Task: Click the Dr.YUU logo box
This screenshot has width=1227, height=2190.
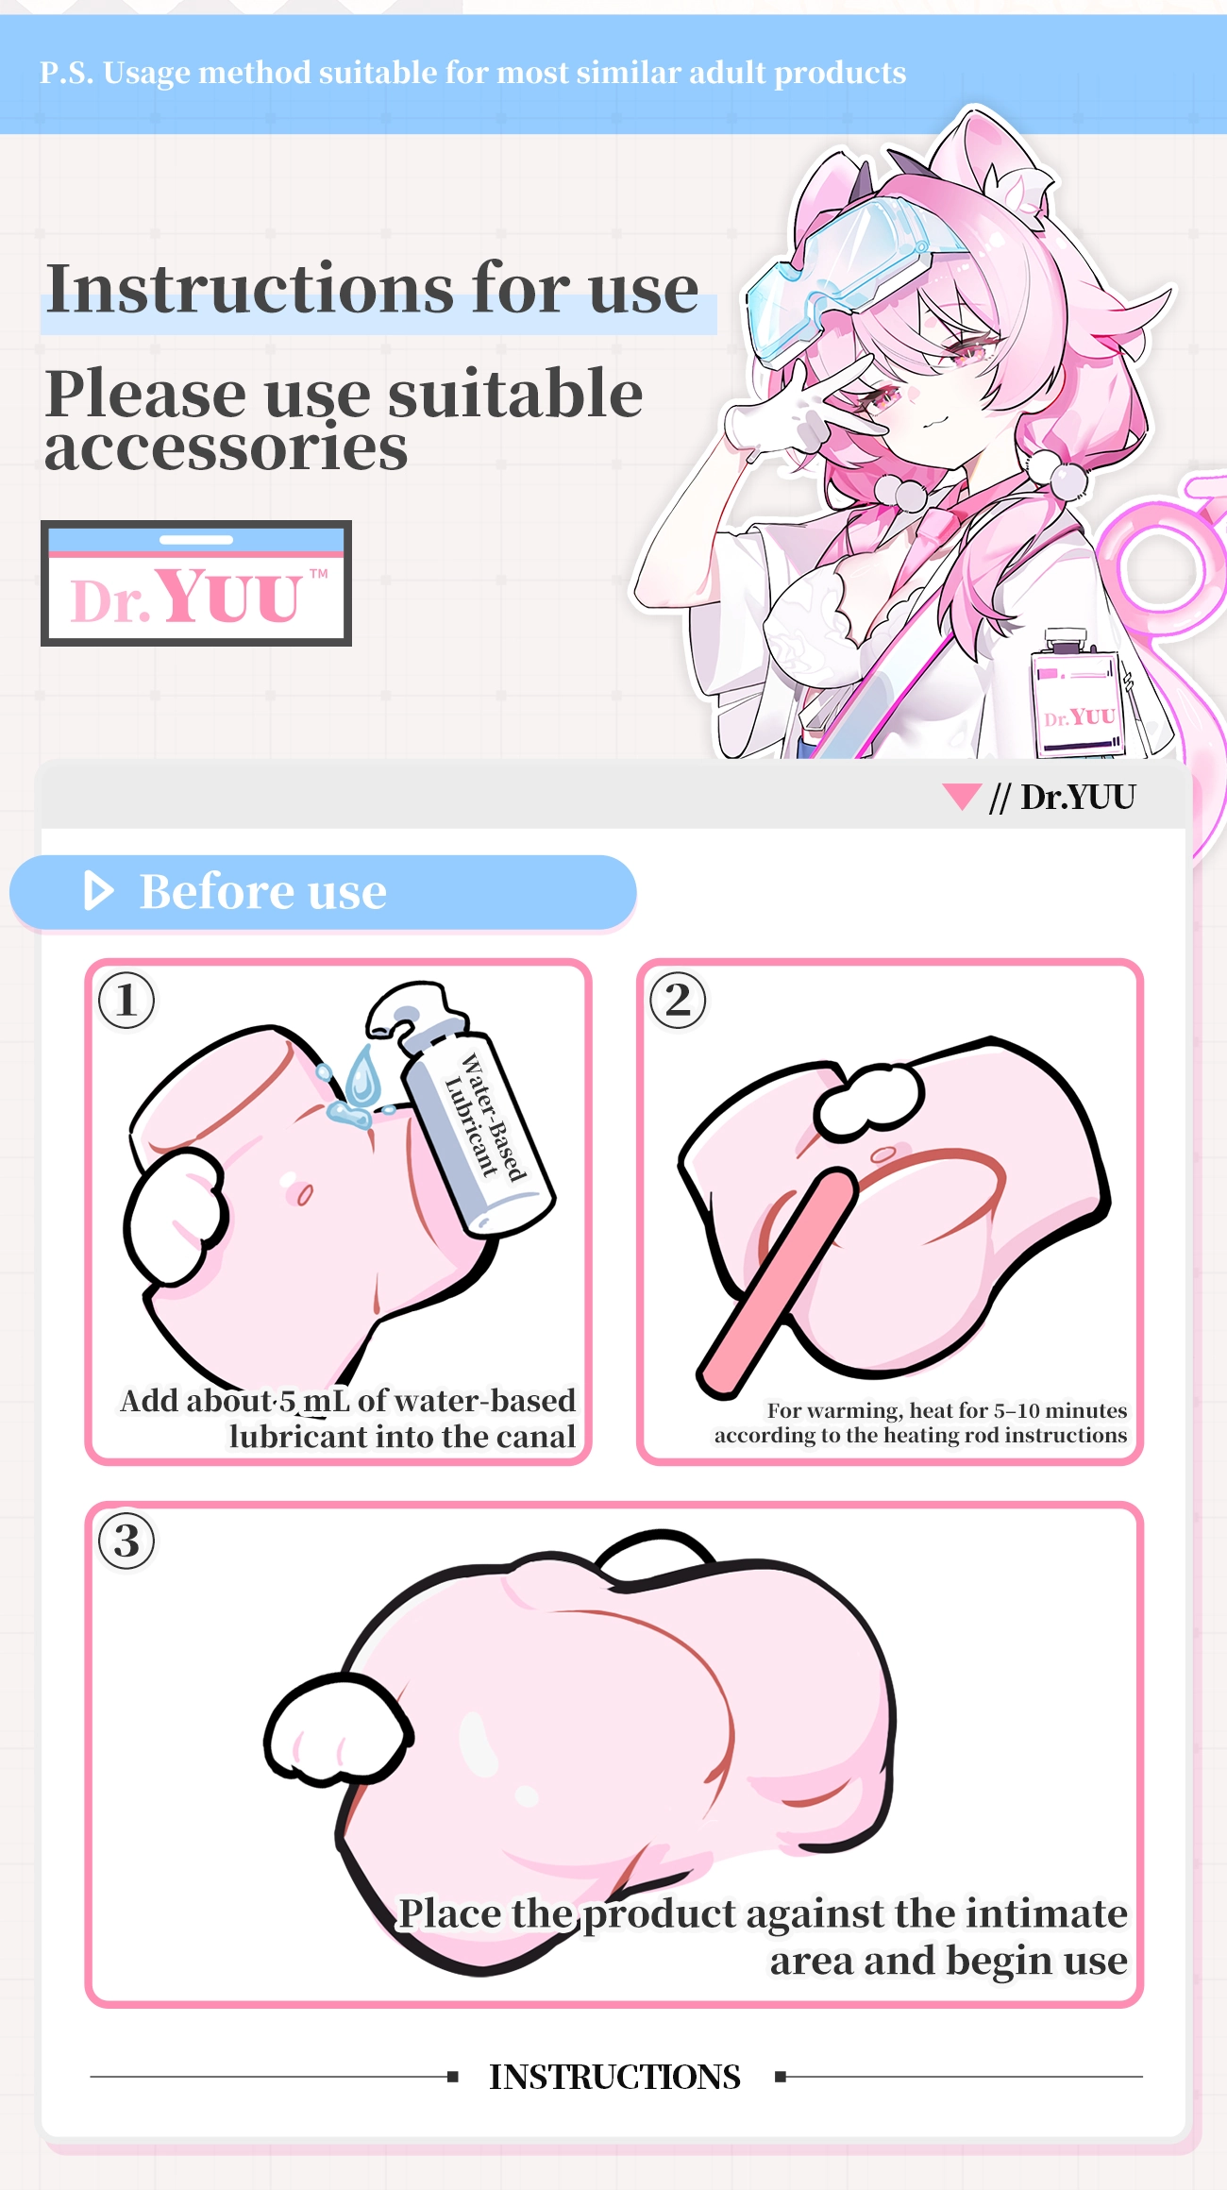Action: click(x=196, y=583)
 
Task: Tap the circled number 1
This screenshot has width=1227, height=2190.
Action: click(x=126, y=1001)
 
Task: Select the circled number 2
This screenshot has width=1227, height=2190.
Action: click(x=678, y=1001)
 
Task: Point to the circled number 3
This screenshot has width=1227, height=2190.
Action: click(x=126, y=1541)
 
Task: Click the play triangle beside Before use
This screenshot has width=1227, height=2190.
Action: click(x=98, y=891)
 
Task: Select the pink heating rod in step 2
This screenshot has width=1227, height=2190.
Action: click(x=776, y=1284)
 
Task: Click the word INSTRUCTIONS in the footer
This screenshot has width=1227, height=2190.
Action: click(x=614, y=2077)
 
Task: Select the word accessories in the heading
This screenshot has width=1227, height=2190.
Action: click(x=227, y=447)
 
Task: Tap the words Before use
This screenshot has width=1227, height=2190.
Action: click(x=263, y=892)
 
